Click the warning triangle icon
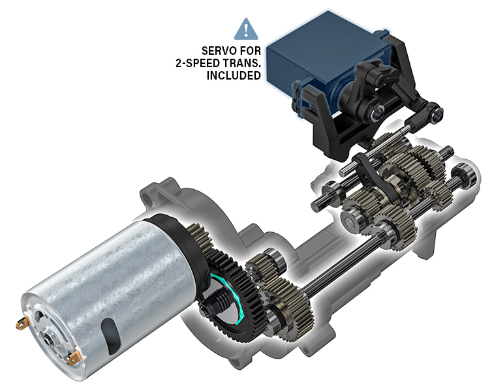(246, 29)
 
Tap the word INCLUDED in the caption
(234, 76)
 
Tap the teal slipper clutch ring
(238, 298)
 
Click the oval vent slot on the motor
(111, 337)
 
